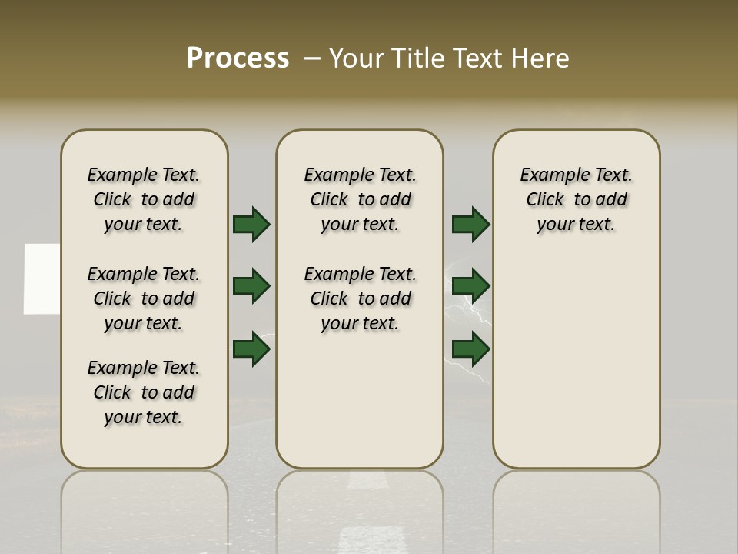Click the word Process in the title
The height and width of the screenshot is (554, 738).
click(x=238, y=58)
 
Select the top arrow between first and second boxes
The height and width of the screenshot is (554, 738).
click(x=251, y=224)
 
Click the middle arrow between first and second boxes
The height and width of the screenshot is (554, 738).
click(x=251, y=286)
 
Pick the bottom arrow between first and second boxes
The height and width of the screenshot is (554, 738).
click(x=251, y=349)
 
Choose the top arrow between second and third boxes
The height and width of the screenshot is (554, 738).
click(x=470, y=224)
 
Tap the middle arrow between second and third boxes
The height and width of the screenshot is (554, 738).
click(x=470, y=286)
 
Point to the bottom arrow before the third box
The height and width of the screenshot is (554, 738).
click(x=470, y=349)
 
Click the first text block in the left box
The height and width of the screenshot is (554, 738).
click(x=144, y=199)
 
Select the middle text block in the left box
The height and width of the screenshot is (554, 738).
click(x=144, y=299)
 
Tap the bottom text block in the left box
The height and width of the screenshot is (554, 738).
click(x=144, y=392)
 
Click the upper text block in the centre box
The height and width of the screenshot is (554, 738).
click(x=360, y=199)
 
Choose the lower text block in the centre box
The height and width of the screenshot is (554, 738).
click(x=360, y=299)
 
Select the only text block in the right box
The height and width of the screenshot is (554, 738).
click(x=576, y=199)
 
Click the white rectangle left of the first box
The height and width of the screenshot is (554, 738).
click(x=42, y=279)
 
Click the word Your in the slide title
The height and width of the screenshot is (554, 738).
click(x=356, y=58)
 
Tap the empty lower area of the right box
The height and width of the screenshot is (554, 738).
click(x=576, y=362)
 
